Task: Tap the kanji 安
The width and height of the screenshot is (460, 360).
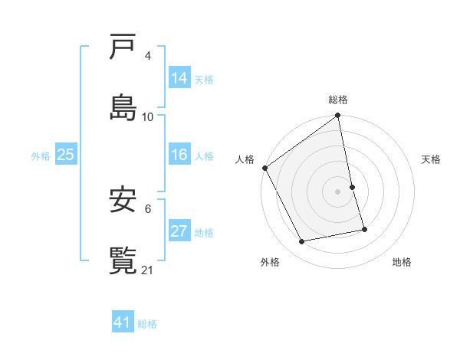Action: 124,201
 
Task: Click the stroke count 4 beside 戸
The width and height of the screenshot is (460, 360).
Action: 148,56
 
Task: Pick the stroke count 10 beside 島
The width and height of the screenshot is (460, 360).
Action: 148,117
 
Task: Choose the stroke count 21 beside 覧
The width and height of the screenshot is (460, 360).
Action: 148,270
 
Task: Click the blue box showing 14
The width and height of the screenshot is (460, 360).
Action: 179,77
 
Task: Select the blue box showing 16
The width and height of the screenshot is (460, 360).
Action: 179,155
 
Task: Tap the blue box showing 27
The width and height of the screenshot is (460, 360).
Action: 179,231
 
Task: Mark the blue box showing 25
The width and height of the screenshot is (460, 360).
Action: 66,155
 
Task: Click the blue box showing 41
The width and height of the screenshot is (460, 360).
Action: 123,322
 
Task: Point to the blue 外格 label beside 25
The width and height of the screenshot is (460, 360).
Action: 41,156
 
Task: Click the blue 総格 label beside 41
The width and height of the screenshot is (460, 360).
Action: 147,324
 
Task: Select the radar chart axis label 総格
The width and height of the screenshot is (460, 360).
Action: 338,100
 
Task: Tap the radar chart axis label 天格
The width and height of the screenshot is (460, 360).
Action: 432,159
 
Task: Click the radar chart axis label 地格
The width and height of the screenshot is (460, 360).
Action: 402,262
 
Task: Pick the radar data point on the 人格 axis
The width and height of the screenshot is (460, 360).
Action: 264,168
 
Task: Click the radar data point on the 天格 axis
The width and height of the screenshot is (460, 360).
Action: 352,187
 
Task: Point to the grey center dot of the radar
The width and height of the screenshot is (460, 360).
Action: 338,191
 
